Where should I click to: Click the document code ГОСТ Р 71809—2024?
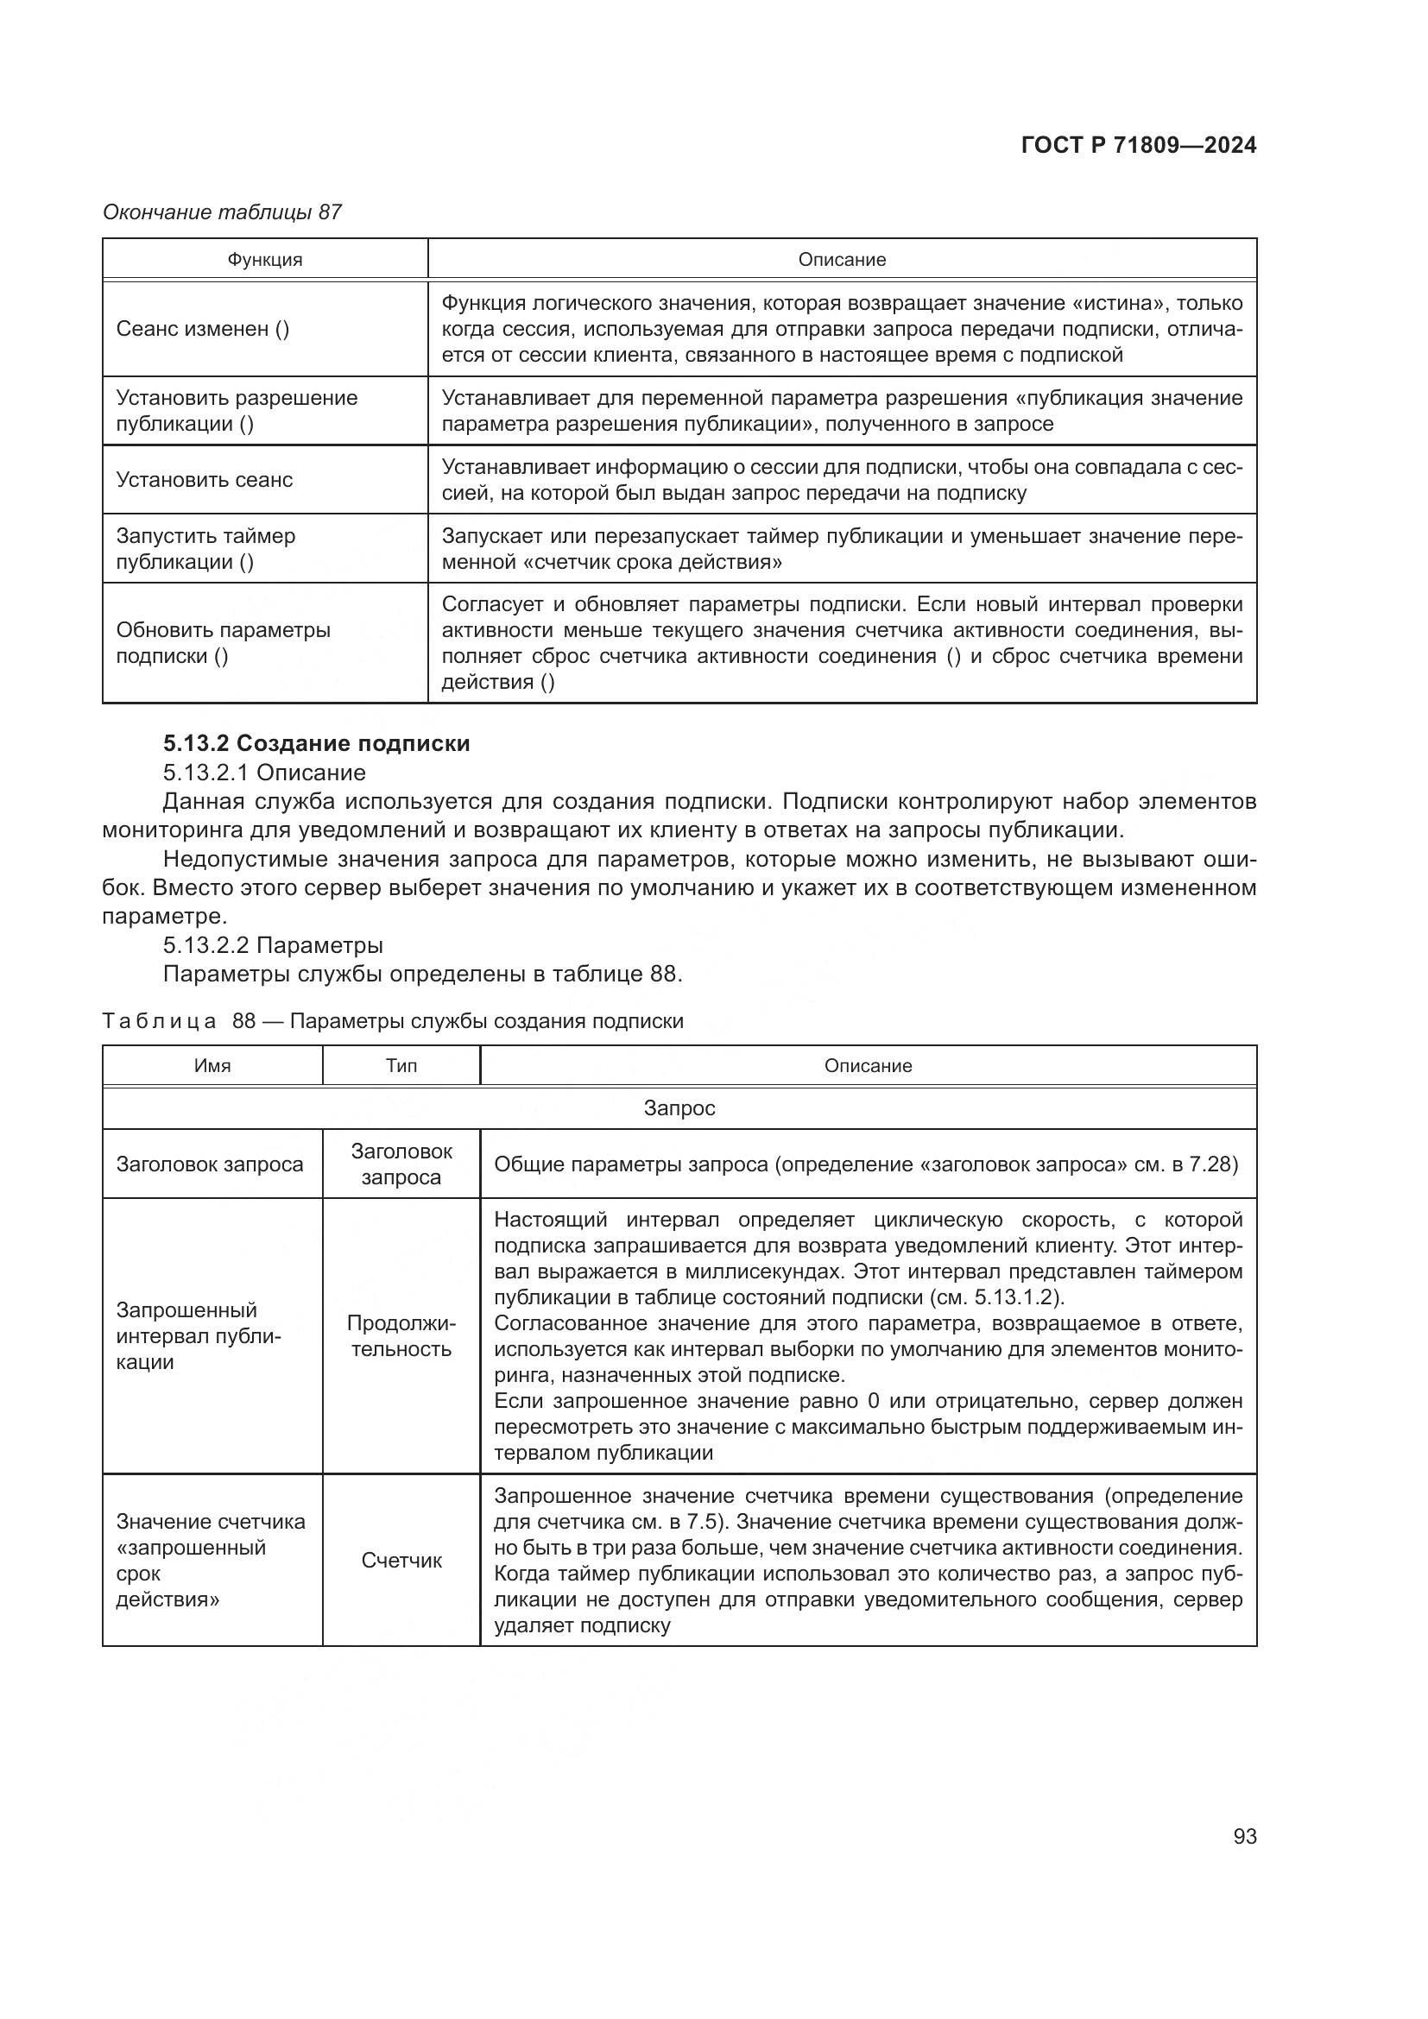(1138, 145)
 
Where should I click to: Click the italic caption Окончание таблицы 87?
(222, 212)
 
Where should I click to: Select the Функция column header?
(265, 260)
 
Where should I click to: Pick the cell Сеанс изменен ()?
(202, 329)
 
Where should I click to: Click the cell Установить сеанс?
(204, 480)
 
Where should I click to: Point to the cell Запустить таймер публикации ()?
(205, 549)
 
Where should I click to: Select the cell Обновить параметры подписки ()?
(224, 643)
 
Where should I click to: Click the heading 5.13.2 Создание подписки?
(317, 743)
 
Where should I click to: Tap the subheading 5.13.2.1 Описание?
(264, 772)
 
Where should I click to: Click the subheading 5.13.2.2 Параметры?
(273, 945)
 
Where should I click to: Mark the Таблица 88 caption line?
(392, 1021)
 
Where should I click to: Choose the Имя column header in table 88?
(212, 1066)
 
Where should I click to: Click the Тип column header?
(401, 1066)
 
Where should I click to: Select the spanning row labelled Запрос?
(679, 1108)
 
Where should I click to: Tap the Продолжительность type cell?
(401, 1335)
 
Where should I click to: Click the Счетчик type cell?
(401, 1561)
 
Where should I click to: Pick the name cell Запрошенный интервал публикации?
(199, 1335)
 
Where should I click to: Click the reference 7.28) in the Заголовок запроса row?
(1212, 1164)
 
